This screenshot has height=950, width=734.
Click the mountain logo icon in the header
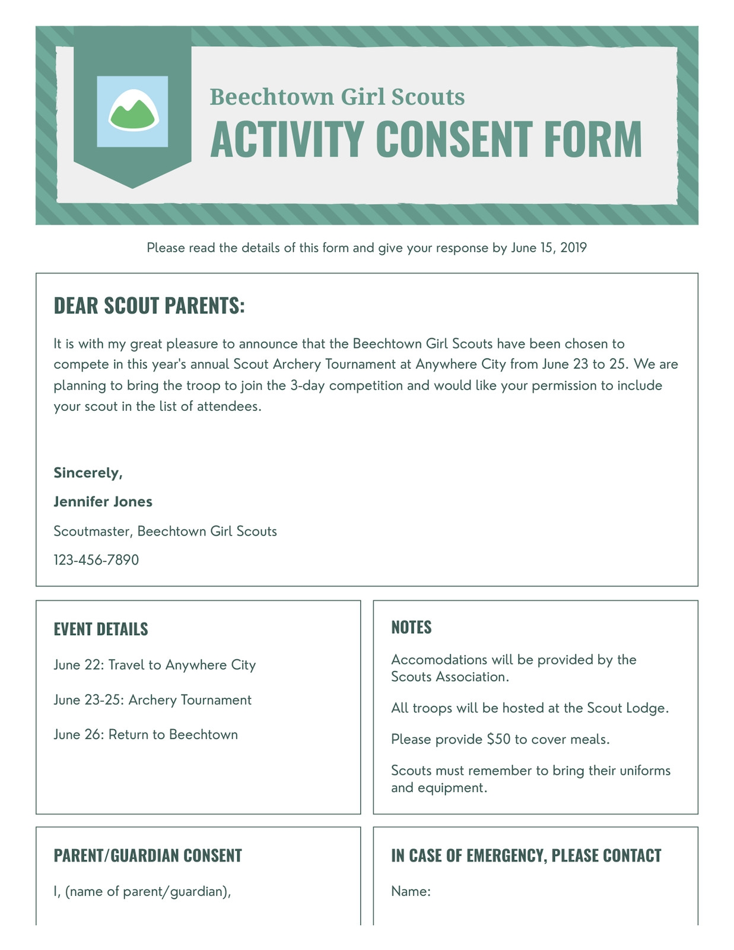[133, 111]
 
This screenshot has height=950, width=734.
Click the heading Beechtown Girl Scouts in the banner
[337, 97]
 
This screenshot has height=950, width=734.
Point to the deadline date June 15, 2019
[548, 248]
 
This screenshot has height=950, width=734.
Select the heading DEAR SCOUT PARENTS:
[149, 306]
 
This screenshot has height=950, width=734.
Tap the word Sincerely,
[88, 473]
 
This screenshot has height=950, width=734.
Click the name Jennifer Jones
[103, 502]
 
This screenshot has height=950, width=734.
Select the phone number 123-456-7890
[96, 560]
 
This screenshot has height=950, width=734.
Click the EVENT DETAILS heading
[101, 629]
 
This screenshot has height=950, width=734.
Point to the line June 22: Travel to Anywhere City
[154, 665]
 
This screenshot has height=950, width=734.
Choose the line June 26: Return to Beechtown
[145, 734]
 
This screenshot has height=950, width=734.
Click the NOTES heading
[411, 628]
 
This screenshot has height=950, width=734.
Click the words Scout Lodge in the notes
[627, 708]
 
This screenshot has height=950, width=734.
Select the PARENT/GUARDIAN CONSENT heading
[148, 856]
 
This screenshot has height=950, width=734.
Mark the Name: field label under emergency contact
[411, 891]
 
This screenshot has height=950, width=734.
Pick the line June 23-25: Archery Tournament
[152, 700]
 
